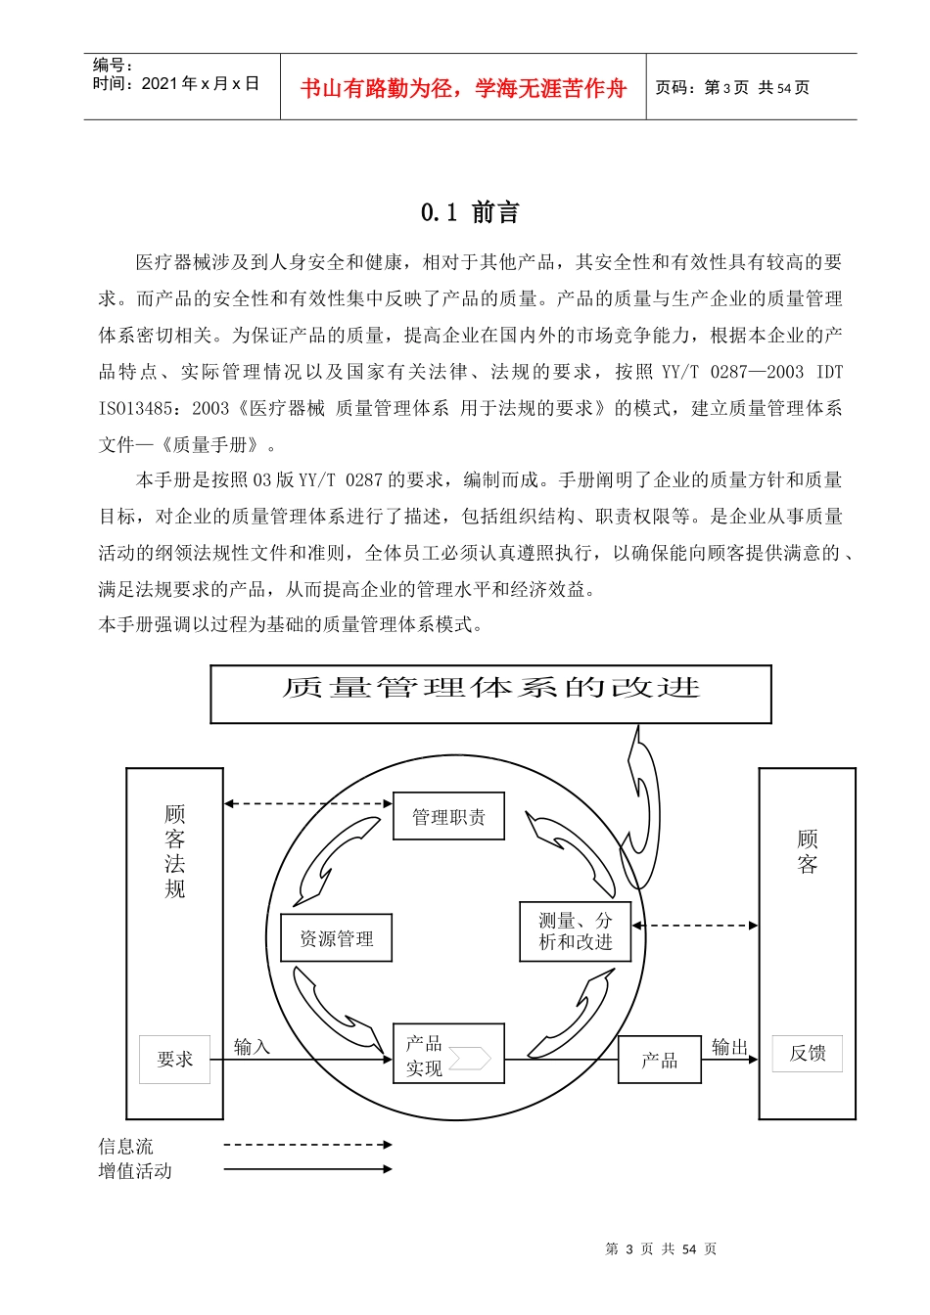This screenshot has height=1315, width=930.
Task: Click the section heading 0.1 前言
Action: [x=470, y=212]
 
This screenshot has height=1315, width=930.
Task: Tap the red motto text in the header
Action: [x=463, y=89]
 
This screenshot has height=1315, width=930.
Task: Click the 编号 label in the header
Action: [x=113, y=65]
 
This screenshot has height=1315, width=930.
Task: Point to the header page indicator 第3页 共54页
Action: [x=732, y=88]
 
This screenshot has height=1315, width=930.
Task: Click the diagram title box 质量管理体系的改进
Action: [x=490, y=694]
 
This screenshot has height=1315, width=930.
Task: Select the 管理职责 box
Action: [x=448, y=816]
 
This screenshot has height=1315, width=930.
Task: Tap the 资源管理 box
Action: [x=336, y=938]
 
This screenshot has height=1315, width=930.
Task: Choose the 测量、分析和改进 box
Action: [x=575, y=931]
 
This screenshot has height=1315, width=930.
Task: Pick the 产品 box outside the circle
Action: [x=659, y=1060]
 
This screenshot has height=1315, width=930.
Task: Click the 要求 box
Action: [x=174, y=1059]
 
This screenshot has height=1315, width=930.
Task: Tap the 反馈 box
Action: [x=807, y=1053]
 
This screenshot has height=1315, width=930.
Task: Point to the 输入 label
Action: [x=252, y=1046]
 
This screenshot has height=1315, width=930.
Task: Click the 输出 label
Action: [x=729, y=1046]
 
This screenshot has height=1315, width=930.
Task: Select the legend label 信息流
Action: [x=125, y=1146]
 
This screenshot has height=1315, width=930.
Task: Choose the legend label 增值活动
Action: [x=135, y=1170]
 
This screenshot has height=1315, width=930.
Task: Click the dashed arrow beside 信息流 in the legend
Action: [x=307, y=1144]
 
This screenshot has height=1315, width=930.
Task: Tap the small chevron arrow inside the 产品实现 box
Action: [x=471, y=1058]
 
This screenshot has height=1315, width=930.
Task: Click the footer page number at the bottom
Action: [x=661, y=1248]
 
